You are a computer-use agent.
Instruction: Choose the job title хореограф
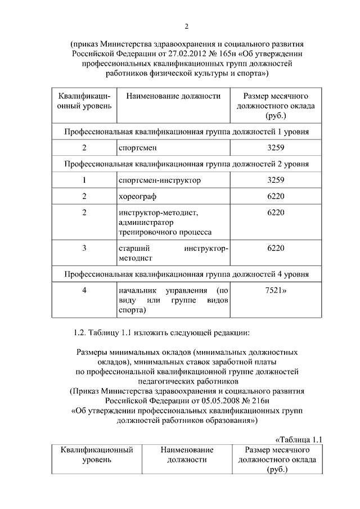[x=138, y=196]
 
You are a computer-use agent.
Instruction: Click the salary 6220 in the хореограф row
[x=276, y=196]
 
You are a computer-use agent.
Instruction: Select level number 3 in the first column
[x=84, y=247]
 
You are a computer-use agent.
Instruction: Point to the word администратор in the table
[x=144, y=222]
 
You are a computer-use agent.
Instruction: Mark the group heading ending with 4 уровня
[x=186, y=274]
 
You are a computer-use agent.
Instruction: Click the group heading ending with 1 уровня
[x=186, y=132]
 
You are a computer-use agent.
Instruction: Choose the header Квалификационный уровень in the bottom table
[x=97, y=455]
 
